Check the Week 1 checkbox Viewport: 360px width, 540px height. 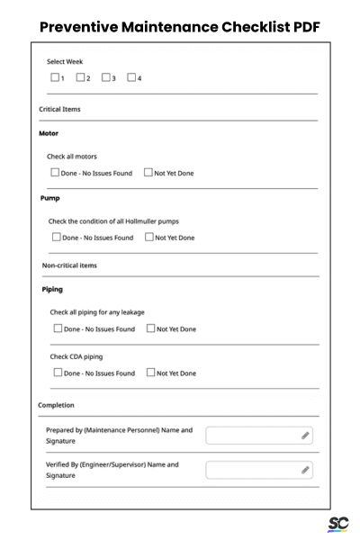(x=55, y=77)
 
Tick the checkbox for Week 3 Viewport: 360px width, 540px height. (x=106, y=77)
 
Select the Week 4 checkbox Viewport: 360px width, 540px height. (x=131, y=77)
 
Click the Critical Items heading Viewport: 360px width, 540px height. (x=58, y=109)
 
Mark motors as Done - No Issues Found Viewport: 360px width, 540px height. (x=53, y=173)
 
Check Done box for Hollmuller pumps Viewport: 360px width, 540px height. (x=57, y=238)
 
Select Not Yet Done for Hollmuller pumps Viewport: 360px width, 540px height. (x=149, y=238)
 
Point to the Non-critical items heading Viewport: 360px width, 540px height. (x=70, y=265)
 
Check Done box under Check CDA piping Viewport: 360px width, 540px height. (x=58, y=372)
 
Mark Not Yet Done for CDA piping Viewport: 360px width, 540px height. (x=151, y=372)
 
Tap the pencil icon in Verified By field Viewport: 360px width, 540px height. (x=306, y=470)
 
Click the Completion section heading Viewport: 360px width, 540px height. (x=57, y=405)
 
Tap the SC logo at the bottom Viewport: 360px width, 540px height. (x=337, y=524)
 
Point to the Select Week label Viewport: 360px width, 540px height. (x=65, y=61)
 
